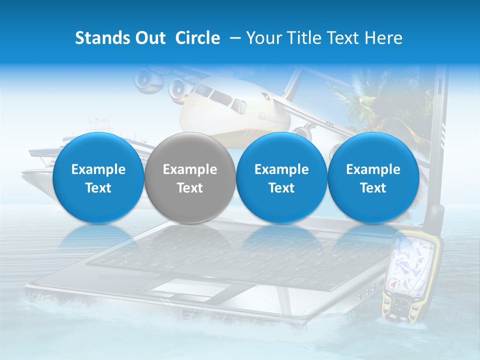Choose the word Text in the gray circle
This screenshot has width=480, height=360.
(189, 188)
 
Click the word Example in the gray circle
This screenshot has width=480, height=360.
(189, 169)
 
